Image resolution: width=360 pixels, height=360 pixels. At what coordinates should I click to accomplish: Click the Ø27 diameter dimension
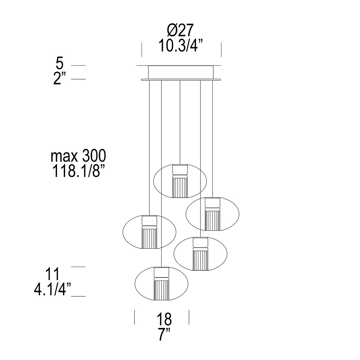tap(180, 30)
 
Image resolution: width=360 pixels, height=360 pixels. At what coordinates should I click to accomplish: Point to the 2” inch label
tap(60, 79)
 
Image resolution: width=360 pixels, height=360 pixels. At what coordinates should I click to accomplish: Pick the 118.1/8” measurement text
tap(78, 171)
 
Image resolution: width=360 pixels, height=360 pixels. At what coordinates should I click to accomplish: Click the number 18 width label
tap(164, 319)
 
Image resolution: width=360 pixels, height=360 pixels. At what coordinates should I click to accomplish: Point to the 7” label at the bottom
tap(164, 334)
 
